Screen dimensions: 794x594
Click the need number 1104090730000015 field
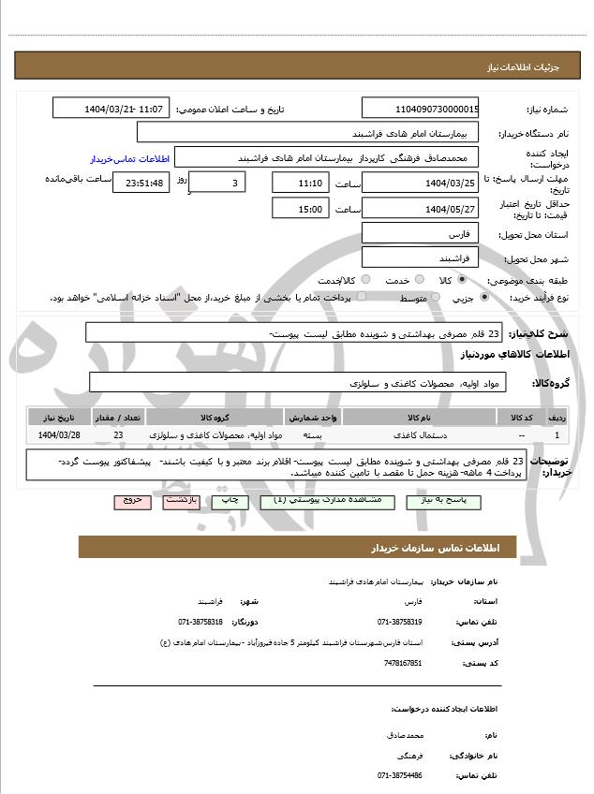pyautogui.click(x=420, y=109)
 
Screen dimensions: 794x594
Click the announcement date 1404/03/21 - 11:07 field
pyautogui.click(x=111, y=109)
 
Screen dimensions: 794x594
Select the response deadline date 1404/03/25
pyautogui.click(x=420, y=182)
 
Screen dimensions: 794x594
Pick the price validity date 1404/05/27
pyautogui.click(x=420, y=209)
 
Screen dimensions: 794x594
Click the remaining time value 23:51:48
pyautogui.click(x=141, y=183)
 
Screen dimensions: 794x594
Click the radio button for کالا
pyautogui.click(x=462, y=279)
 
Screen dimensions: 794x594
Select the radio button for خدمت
pyautogui.click(x=418, y=279)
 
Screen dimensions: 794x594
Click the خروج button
pyautogui.click(x=131, y=501)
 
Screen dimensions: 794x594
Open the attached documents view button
pyautogui.click(x=321, y=501)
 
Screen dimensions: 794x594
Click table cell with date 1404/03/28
pyautogui.click(x=59, y=435)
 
